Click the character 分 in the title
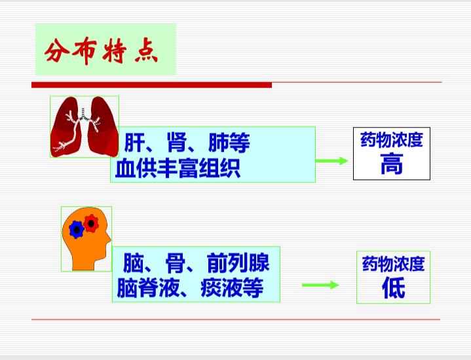pos(58,51)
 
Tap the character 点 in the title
pos(146,51)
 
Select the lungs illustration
pos(85,127)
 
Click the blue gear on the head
pos(77,230)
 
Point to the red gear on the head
pos(91,223)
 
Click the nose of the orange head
pos(109,240)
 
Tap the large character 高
pos(392,164)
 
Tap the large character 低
pos(394,287)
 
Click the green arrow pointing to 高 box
pos(331,160)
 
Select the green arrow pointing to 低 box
pos(320,285)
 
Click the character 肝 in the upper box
pos(135,143)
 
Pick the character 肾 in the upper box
pos(177,142)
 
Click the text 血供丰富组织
pos(178,168)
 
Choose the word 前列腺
pos(238,262)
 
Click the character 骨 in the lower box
pos(176,263)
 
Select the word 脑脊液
pos(148,287)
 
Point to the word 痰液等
pos(232,287)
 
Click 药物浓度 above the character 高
pos(392,140)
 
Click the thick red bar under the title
pos(152,85)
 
